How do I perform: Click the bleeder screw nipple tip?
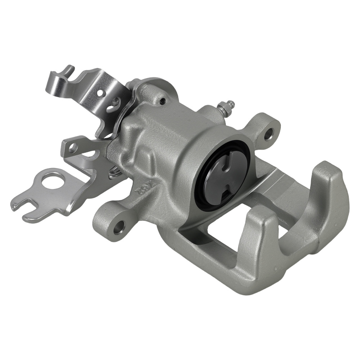[x=232, y=103]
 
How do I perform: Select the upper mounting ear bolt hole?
[x=268, y=136]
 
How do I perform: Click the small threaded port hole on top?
[x=163, y=102]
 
